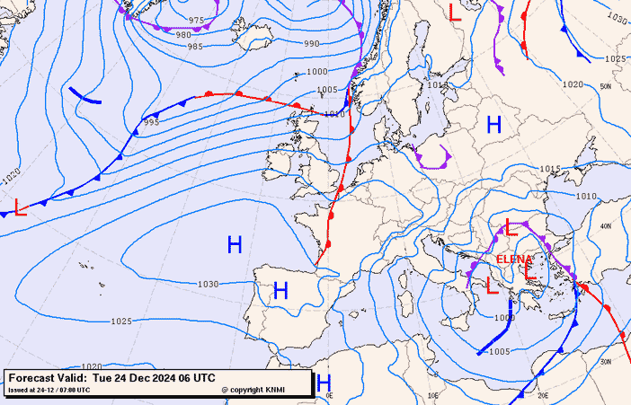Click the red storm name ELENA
coord(514,259)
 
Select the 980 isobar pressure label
coord(183,35)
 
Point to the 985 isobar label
coord(195,47)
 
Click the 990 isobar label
coord(311,44)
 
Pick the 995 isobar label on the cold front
coord(151,122)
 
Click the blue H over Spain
coord(280,290)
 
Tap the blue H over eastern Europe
coord(493,125)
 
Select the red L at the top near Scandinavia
coord(455,13)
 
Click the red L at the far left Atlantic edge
coord(21,209)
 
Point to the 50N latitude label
coord(606,86)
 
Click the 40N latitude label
coord(605,225)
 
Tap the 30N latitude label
coord(605,362)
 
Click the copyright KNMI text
coord(255,390)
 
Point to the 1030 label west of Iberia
coord(208,284)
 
